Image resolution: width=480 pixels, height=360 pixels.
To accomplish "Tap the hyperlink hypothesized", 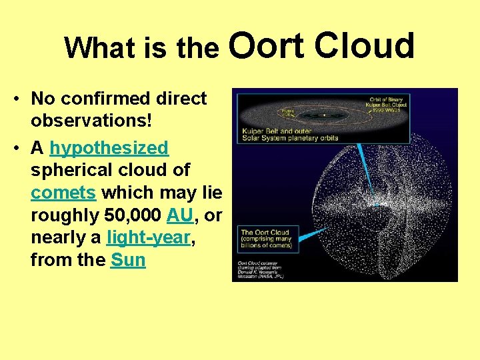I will (x=109, y=147).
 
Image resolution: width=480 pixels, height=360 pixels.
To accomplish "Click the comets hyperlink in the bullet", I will (x=65, y=193).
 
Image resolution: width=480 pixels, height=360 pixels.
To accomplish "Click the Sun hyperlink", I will (x=128, y=260).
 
